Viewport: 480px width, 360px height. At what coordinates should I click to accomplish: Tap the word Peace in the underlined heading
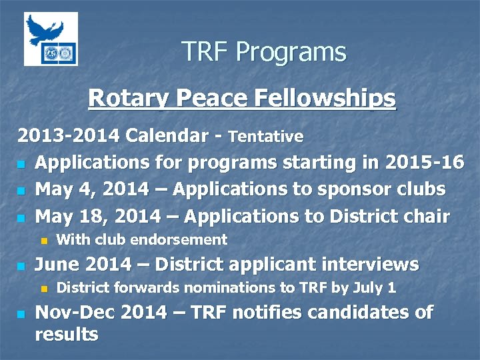click(211, 99)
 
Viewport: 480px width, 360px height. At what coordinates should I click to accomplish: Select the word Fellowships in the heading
click(325, 99)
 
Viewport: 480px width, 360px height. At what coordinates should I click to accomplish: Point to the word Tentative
click(265, 137)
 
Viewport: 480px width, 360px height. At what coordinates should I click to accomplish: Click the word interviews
click(370, 265)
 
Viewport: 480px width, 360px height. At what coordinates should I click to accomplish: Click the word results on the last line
click(66, 334)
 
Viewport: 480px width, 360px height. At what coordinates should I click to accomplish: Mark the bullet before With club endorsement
click(45, 240)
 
